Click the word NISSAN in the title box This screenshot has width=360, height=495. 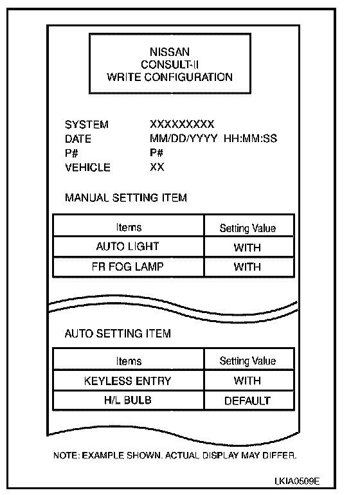pos(170,52)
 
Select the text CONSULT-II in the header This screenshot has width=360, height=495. pos(170,64)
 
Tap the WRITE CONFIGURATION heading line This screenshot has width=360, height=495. pos(170,77)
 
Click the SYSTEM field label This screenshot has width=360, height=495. pos(87,124)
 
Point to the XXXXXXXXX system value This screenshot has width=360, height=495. pos(182,124)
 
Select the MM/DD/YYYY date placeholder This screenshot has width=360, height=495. pos(183,138)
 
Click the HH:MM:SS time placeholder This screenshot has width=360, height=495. pos(251,138)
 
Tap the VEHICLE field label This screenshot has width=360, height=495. pos(87,167)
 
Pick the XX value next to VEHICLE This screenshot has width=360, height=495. pos(157,166)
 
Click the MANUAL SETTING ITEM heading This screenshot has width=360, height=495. pos(126,197)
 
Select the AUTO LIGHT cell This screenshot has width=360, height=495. pos(127,246)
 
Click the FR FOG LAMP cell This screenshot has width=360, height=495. pos(127,267)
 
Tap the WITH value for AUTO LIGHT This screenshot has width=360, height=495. pos(248,248)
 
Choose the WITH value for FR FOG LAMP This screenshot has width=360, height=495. pos(248,267)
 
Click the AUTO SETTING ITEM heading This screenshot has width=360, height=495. pos(118,334)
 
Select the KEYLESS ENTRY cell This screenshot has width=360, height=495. pos(127,381)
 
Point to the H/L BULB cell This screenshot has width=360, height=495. pos(127,401)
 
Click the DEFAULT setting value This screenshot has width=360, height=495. pos(248,401)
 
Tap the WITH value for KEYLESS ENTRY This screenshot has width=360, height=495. pos(248,381)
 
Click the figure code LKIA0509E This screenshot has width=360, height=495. pos(297,481)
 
